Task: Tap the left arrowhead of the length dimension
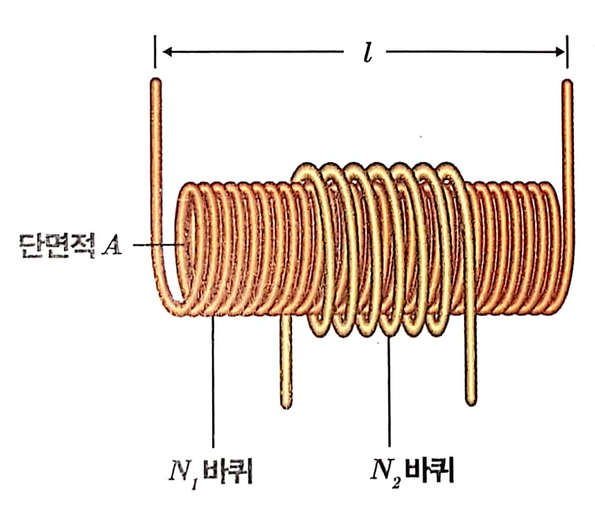coord(166,52)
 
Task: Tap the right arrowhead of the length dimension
coord(557,52)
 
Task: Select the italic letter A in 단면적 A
coord(111,244)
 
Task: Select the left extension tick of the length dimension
coord(156,52)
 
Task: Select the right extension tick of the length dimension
coord(567,52)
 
